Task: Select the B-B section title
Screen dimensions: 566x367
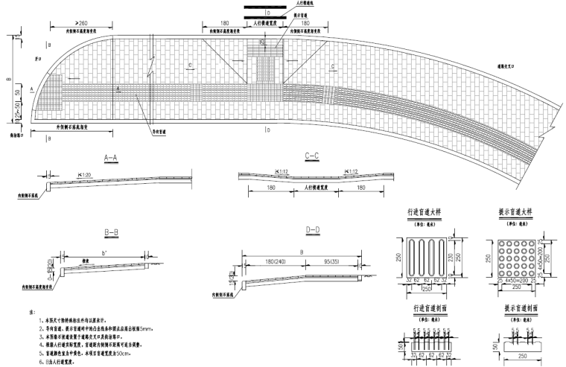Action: [111, 232]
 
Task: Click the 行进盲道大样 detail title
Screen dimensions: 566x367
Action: [424, 211]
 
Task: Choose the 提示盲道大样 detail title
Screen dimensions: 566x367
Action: [515, 211]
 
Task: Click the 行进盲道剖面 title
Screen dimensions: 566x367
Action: [424, 307]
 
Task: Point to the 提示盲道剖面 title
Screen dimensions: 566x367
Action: [515, 307]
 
